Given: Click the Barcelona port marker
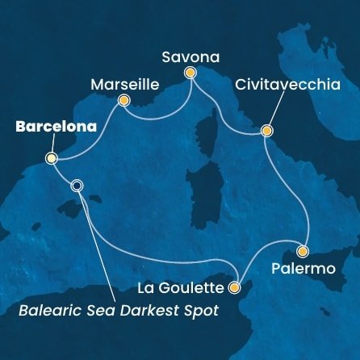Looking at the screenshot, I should [x=51, y=158].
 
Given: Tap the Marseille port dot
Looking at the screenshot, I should [x=123, y=101].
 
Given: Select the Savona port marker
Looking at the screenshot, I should [x=190, y=73].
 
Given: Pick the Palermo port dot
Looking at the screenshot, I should [x=303, y=250].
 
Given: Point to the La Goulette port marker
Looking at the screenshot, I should [x=234, y=287].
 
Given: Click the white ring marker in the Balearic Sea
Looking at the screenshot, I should [x=77, y=185].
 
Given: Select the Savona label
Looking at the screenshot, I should [x=190, y=56].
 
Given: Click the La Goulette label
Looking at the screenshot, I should [x=182, y=287].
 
